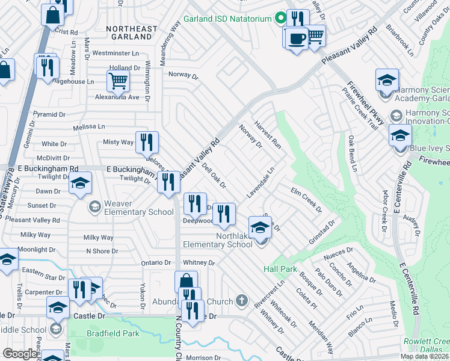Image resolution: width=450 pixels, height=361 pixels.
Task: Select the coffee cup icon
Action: coord(296,39)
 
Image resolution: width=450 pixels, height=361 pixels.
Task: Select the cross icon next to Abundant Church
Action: coord(241,300)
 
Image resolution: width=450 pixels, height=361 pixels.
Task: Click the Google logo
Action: coord(20,354)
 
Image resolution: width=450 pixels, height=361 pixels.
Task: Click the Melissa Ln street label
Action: coord(88,127)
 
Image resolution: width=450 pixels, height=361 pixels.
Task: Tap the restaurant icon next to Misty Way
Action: coord(147,143)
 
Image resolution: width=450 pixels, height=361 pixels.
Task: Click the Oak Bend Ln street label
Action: coord(353,153)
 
